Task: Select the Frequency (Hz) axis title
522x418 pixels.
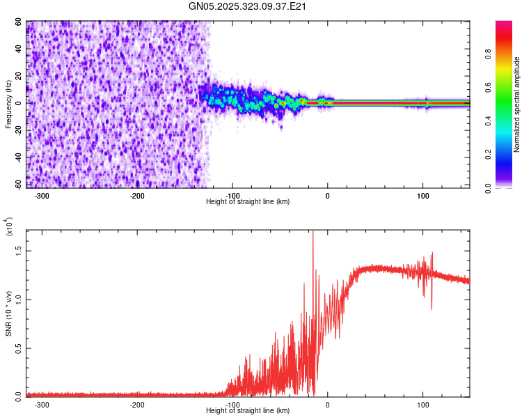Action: click(x=9, y=104)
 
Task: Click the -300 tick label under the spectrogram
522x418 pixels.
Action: click(x=42, y=196)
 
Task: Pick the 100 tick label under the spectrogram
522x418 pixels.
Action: click(x=422, y=196)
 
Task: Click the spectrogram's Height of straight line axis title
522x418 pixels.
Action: click(x=248, y=202)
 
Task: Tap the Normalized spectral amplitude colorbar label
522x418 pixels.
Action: click(x=517, y=104)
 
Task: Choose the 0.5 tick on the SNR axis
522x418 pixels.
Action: click(x=18, y=347)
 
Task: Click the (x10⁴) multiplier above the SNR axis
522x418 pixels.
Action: click(x=9, y=227)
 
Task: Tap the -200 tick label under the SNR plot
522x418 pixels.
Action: click(x=137, y=405)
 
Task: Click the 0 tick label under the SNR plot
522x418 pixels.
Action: click(x=327, y=405)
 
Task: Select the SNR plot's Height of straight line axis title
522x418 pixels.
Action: click(x=248, y=411)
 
